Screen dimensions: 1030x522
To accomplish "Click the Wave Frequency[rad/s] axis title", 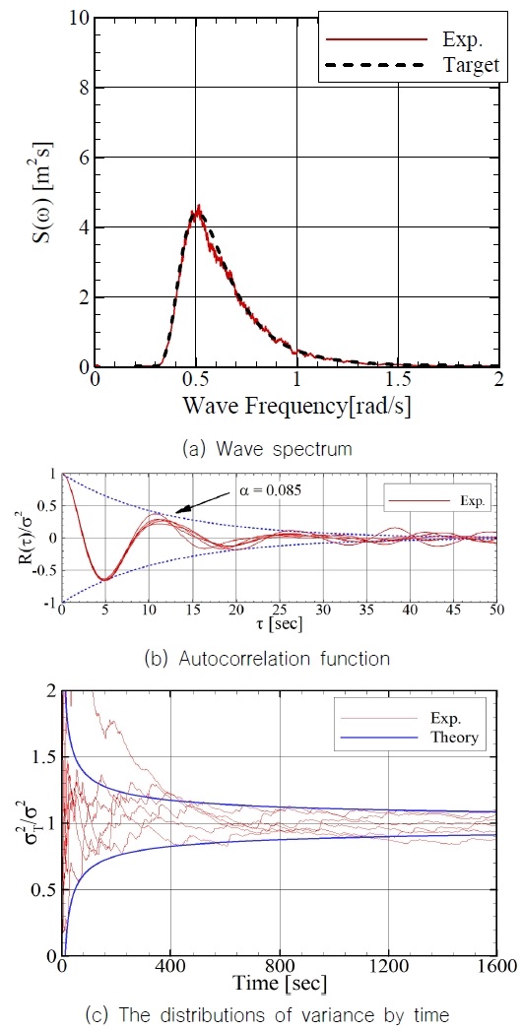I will [295, 406].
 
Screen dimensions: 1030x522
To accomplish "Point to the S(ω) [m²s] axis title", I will [44, 192].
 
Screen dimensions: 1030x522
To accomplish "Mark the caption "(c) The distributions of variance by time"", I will [261, 1012].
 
